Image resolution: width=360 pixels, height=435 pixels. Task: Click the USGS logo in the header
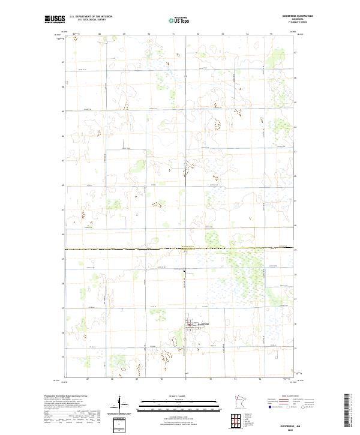pyautogui.click(x=55, y=19)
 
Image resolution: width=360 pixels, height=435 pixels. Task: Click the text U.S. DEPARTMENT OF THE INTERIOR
pyautogui.click(x=91, y=17)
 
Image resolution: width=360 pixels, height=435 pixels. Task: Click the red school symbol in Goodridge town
pyautogui.click(x=188, y=328)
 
